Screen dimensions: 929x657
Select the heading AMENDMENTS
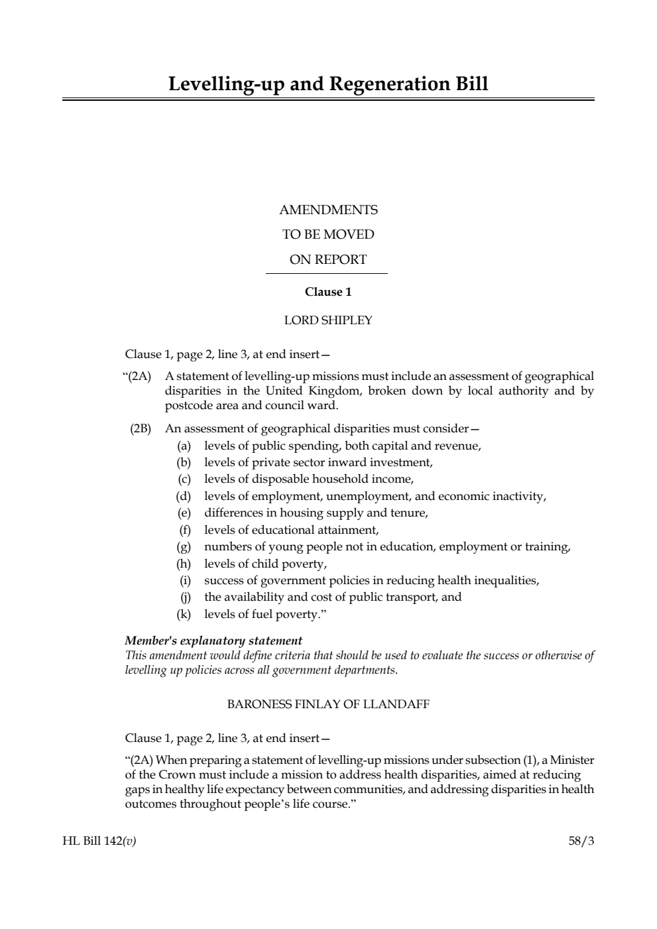click(328, 210)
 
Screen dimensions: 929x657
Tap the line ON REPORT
click(328, 260)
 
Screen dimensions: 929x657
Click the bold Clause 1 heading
click(328, 292)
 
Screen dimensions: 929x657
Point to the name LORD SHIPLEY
click(328, 320)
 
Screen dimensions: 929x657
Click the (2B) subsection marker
click(140, 428)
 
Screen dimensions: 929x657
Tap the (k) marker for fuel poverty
click(184, 614)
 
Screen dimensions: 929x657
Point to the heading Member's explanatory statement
click(213, 641)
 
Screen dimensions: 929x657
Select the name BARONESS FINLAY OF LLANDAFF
click(328, 704)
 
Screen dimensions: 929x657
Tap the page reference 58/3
click(581, 841)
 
